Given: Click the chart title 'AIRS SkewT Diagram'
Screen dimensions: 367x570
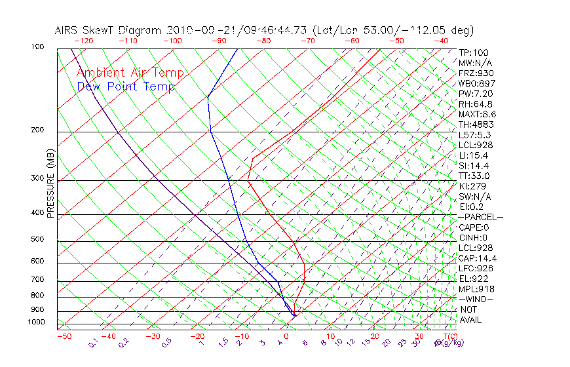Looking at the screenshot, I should pos(109,30).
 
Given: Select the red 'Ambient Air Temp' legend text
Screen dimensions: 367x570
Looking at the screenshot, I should pos(130,73).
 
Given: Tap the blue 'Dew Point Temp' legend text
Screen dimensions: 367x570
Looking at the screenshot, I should pos(126,87).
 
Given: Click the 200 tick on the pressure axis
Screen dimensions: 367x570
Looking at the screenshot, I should pos(37,130).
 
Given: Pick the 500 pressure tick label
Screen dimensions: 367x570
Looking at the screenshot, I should pos(37,239).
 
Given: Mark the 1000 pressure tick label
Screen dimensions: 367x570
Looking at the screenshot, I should pos(35,322).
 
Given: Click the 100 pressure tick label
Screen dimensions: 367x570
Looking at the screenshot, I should pos(37,47).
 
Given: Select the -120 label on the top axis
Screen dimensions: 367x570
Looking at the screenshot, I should pos(83,41).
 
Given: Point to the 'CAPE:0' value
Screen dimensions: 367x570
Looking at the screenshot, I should pos(473,227).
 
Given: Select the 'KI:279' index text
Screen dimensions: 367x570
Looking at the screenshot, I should pos(472,186).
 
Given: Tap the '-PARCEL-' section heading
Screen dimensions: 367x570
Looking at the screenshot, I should pos(480,217).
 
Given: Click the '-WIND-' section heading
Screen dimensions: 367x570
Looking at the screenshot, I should pos(476,299).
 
